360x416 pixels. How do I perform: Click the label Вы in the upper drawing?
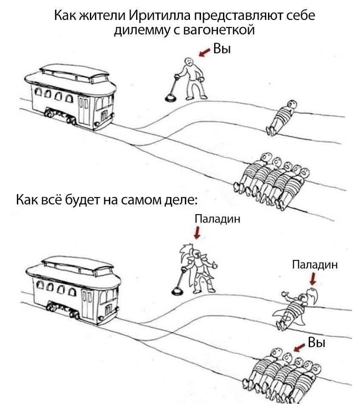pos(222,49)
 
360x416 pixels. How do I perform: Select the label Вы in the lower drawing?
pos(316,342)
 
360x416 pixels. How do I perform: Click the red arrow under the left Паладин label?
pos(197,232)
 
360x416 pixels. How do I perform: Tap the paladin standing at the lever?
pos(198,269)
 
